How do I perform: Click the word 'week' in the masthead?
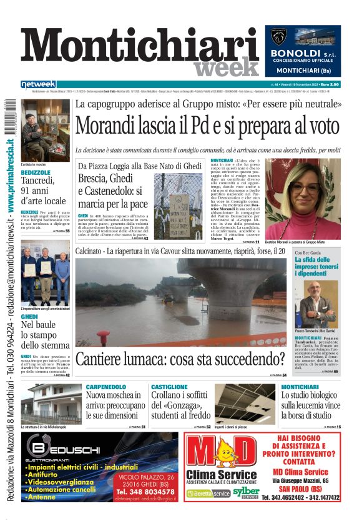[x=225, y=67]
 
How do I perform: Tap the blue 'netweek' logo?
[x=38, y=84]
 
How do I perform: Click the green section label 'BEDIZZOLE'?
[x=36, y=172]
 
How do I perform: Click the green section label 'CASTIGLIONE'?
[x=169, y=387]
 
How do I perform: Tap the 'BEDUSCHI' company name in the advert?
[x=82, y=450]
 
